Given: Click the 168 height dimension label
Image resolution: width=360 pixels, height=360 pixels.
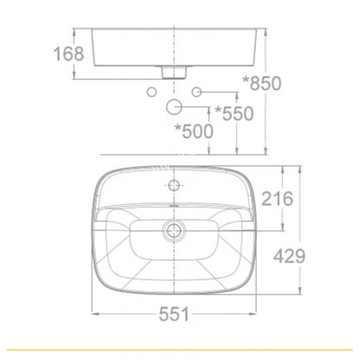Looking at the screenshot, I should tap(69, 54).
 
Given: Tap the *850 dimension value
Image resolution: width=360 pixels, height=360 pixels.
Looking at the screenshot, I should tap(262, 84).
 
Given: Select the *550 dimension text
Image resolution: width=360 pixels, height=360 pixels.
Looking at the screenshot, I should tap(234, 114).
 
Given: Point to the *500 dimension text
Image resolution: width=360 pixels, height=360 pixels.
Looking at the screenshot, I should tap(194, 132).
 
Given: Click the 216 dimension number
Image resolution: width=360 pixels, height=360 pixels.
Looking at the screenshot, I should tap(277, 199).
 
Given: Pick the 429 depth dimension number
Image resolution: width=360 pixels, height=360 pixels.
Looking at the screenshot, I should tap(289, 256).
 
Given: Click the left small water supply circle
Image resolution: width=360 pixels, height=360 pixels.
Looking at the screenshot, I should tap(152, 92).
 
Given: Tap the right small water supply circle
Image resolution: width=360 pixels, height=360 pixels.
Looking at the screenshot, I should tap(197, 92).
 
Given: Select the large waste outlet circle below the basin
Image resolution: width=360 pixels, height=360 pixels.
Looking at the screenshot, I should tap(174, 107).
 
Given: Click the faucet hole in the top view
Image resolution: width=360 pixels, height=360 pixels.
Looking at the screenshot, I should tap(174, 185).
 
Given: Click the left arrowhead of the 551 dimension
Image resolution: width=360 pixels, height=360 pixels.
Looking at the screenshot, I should tap(94, 314).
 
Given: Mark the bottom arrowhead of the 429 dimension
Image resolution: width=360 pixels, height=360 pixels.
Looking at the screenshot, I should tap(300, 292).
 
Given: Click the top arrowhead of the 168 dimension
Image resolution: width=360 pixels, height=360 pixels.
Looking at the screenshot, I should tap(75, 32).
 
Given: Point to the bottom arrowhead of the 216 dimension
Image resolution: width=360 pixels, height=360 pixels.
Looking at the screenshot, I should tap(283, 228).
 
